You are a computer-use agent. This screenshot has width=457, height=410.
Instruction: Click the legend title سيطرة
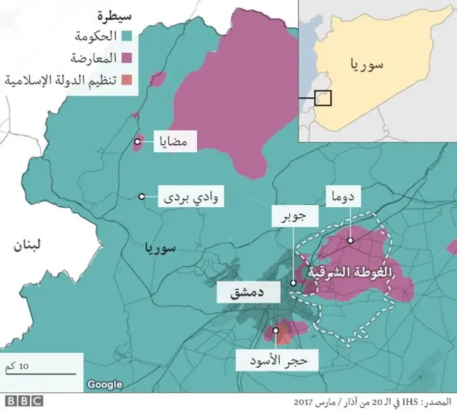coord(119,14)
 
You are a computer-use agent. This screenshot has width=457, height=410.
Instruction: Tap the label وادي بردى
coord(192,196)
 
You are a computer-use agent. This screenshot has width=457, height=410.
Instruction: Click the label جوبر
coord(292,218)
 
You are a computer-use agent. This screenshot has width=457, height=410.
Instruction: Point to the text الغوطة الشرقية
coord(348,272)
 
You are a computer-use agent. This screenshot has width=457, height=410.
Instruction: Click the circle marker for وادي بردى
coord(142,196)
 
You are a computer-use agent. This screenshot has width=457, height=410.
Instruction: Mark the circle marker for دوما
coord(351,241)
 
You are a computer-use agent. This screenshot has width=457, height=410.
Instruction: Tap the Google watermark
coord(105,385)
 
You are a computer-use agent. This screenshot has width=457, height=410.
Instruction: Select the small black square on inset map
coord(323,97)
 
